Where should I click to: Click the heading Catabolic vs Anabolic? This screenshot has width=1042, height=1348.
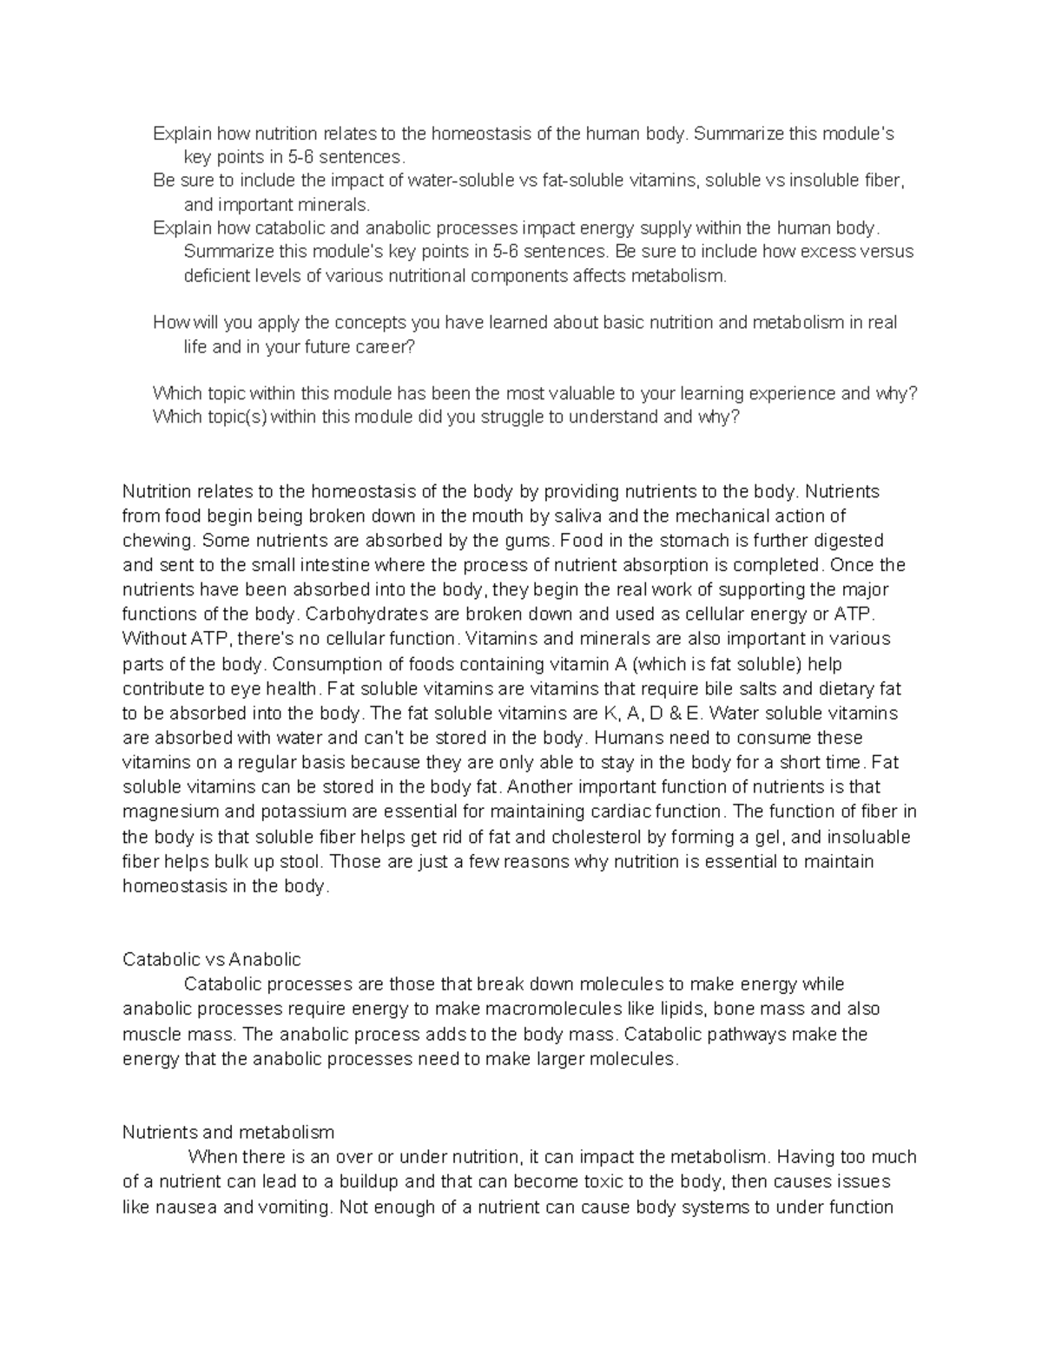pyautogui.click(x=211, y=959)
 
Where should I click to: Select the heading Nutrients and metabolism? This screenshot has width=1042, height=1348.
pyautogui.click(x=228, y=1132)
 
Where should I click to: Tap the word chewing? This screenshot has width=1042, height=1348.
pyautogui.click(x=159, y=540)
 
